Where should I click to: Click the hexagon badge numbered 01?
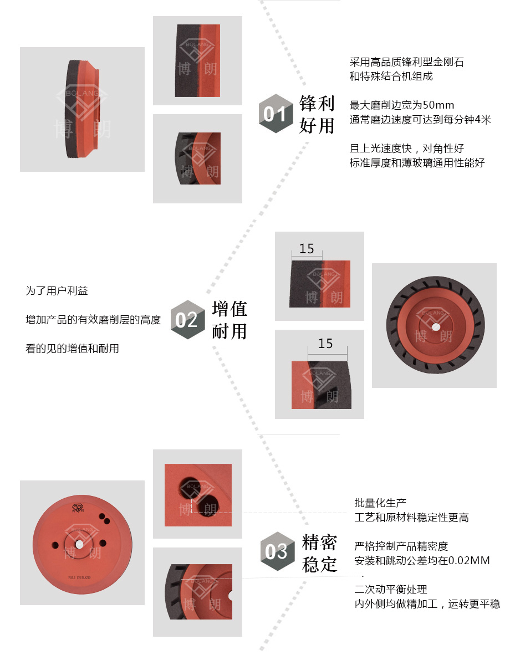coord(276,114)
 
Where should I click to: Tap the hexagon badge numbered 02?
coord(187,320)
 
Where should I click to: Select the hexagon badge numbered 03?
coord(277,551)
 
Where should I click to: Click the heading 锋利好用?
coord(317,115)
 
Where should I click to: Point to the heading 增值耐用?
coord(230,320)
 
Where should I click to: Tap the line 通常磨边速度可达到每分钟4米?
coord(420,119)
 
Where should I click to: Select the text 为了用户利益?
coord(57,290)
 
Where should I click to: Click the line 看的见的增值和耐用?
coord(72,349)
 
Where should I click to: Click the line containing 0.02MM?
coord(422,561)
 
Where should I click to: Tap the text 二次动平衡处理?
coord(391,589)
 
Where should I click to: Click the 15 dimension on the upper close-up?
coord(307,249)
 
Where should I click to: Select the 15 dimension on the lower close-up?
coord(325,344)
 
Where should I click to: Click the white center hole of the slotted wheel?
coord(435,327)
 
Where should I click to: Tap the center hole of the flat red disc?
coord(79,544)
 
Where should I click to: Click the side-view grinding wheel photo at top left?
coord(82,109)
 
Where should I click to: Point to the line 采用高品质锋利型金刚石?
coord(406,62)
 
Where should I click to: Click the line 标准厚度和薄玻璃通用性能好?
coord(417,163)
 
